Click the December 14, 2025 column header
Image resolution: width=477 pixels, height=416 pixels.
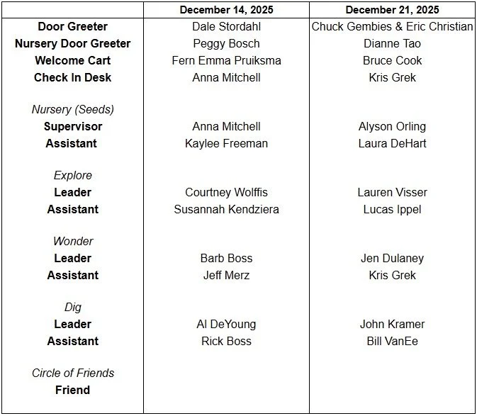226,10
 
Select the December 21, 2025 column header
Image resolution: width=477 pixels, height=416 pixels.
392,10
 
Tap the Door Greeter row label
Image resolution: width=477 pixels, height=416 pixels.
72,27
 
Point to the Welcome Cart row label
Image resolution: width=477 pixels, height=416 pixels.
72,60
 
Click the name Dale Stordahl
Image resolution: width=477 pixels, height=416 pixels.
226,27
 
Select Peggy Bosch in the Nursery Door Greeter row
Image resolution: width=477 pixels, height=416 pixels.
226,44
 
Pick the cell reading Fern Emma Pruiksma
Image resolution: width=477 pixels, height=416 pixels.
226,60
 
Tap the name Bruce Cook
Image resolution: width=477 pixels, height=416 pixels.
392,60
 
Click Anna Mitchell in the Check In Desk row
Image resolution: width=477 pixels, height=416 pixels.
226,77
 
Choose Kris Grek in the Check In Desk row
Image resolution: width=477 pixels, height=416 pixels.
392,77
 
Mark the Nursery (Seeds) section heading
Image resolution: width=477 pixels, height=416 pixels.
72,110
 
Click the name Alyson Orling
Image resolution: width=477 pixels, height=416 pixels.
392,127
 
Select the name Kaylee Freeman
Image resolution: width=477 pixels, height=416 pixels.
226,143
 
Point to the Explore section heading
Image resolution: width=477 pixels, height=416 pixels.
72,176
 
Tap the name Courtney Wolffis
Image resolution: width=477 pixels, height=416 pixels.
226,193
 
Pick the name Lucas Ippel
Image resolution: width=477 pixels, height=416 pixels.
392,209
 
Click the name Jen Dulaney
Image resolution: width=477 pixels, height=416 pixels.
392,259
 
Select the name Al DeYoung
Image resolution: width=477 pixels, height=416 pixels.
226,325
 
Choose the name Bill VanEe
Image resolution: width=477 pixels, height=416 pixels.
392,341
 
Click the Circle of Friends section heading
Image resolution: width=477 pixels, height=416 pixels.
72,373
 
